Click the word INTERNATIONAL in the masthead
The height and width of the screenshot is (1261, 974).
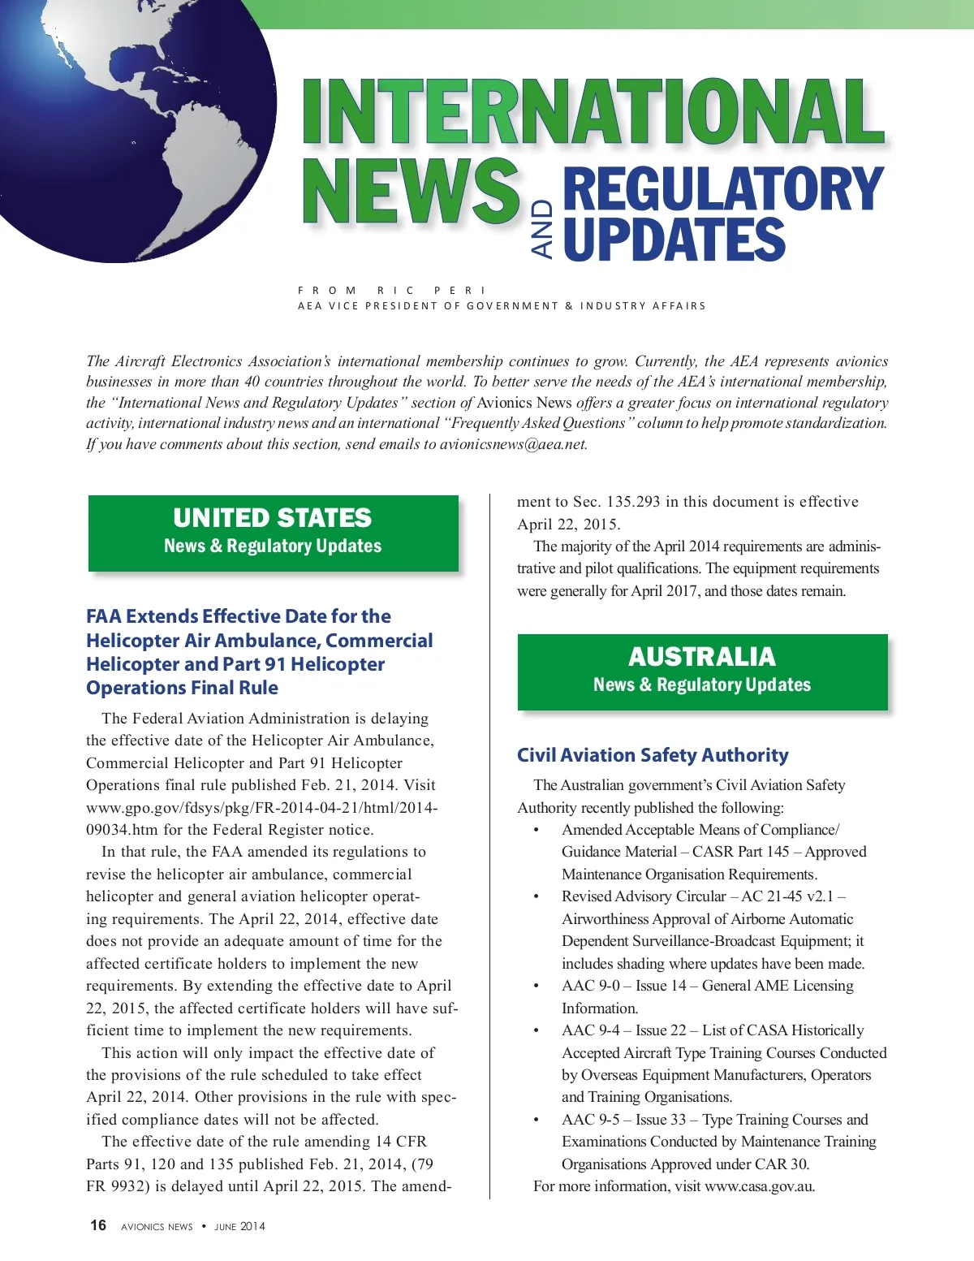(x=593, y=112)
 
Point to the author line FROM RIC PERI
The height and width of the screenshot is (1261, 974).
(x=392, y=290)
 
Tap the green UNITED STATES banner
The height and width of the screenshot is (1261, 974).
(x=273, y=532)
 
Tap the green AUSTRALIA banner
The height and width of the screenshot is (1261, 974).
(x=702, y=671)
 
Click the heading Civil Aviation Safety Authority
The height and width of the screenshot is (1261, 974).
(x=653, y=755)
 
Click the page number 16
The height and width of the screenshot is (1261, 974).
(x=98, y=1225)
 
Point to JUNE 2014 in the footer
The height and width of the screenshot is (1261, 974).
(x=239, y=1227)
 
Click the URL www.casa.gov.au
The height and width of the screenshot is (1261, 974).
(x=760, y=1186)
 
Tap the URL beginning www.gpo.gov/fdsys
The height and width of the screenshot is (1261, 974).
(x=262, y=808)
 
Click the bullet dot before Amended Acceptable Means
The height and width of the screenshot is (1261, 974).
(x=536, y=831)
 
